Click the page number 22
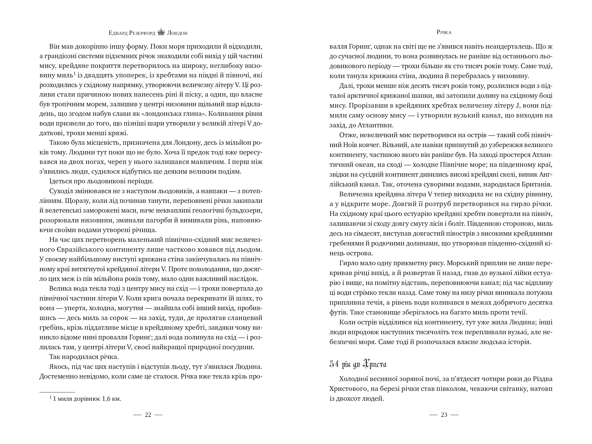pos(148,415)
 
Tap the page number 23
pos(444,415)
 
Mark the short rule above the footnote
pos(57,392)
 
